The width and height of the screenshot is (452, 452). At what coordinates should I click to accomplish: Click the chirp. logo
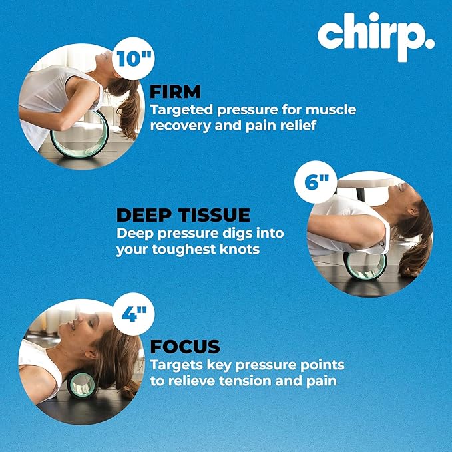click(x=375, y=37)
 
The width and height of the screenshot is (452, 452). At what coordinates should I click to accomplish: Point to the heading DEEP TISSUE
click(x=183, y=215)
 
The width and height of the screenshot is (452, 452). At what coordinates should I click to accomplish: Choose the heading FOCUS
click(x=184, y=347)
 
